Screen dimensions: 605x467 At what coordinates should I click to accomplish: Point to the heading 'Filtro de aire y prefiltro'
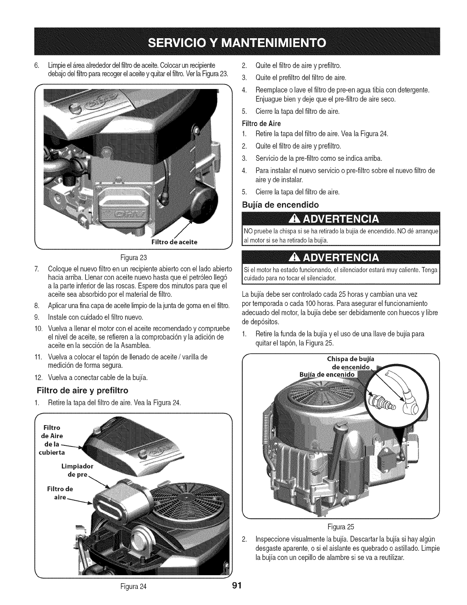tap(82, 390)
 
